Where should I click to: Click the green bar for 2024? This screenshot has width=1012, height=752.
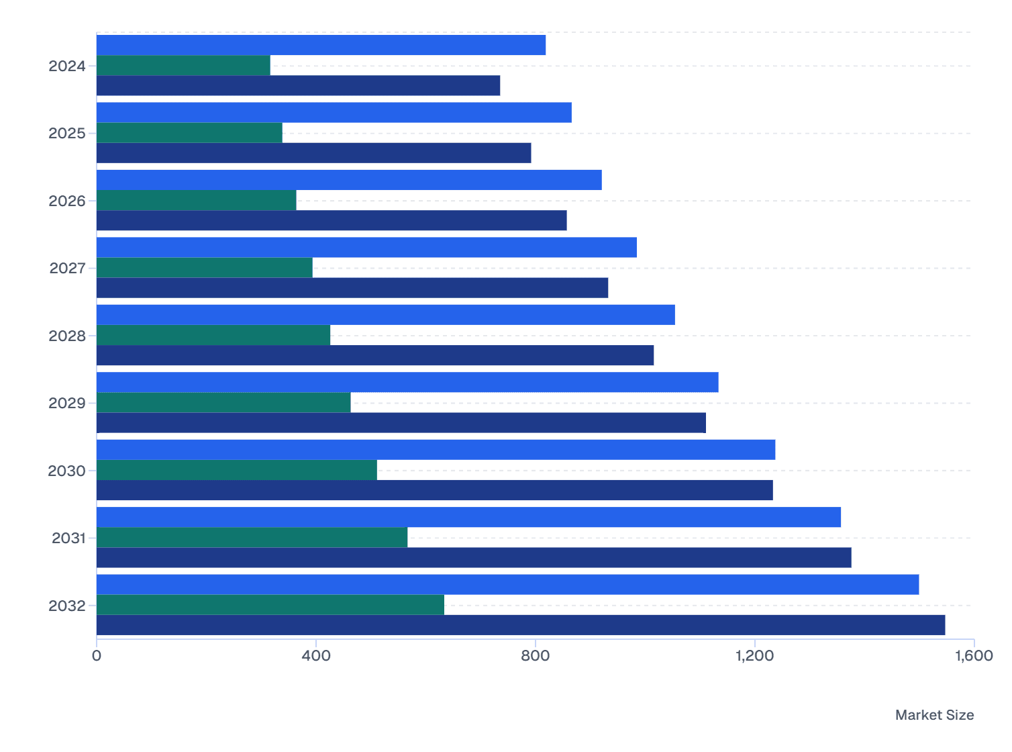(x=183, y=65)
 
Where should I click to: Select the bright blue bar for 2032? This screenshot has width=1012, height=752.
(x=507, y=584)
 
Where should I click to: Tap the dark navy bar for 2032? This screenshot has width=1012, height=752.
(x=521, y=625)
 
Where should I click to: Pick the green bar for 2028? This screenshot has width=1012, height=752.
(x=213, y=335)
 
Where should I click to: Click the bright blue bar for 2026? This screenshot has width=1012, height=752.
(x=349, y=180)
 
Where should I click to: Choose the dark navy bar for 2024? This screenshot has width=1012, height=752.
(x=298, y=85)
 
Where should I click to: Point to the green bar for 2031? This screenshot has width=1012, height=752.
(x=252, y=537)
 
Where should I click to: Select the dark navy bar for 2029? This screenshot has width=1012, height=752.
(x=401, y=423)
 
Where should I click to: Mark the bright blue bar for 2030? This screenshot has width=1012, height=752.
(x=436, y=450)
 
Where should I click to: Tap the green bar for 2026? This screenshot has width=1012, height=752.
(x=196, y=200)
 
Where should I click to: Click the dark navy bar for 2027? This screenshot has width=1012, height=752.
(x=352, y=288)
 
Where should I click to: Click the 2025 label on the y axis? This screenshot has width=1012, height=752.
(x=67, y=133)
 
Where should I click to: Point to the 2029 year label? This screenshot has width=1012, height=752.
(x=67, y=403)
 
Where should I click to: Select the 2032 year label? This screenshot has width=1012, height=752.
(x=67, y=606)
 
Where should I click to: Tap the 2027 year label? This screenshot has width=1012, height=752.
(x=67, y=268)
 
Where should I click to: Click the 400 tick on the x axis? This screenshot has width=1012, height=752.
(x=316, y=655)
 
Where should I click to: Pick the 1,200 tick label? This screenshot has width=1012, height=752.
(x=755, y=655)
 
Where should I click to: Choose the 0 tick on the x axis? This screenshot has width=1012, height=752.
(x=97, y=655)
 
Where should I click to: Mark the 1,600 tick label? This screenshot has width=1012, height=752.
(x=974, y=655)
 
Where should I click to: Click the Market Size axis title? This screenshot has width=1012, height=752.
(x=934, y=715)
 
